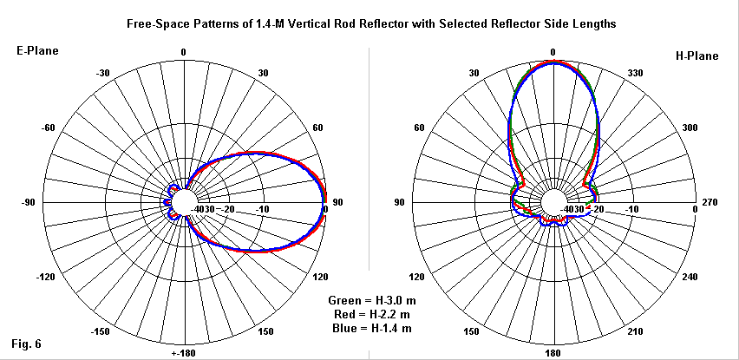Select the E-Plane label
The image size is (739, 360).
(38, 51)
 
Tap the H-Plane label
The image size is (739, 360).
(697, 56)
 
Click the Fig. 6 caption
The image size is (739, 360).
(27, 344)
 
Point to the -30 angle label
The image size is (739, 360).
(102, 72)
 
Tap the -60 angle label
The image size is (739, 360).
(48, 128)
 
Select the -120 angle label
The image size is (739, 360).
(45, 278)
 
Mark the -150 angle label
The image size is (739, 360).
(101, 332)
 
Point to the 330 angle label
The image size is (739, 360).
(635, 72)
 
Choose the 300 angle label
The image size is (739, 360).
(690, 128)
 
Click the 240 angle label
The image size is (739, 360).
(690, 278)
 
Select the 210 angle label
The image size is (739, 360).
(635, 332)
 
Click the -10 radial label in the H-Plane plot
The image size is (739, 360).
(632, 210)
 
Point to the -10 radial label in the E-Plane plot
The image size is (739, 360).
(263, 210)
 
